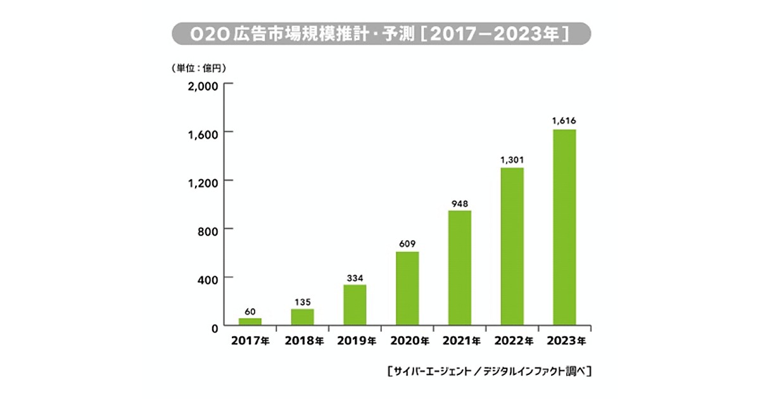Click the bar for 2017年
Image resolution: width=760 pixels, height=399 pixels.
point(250,322)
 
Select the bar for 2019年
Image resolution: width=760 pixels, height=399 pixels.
point(355,305)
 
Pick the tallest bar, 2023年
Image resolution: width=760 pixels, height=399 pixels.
point(564,227)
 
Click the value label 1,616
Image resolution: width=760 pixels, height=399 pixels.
point(564,120)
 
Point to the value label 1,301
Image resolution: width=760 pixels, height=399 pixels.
point(512,159)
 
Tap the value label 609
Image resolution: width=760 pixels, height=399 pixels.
point(407,243)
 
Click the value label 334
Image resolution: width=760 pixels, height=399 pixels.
point(355,277)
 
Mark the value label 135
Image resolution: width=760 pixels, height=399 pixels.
point(303,301)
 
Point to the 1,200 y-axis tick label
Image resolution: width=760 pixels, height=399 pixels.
point(203,181)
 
